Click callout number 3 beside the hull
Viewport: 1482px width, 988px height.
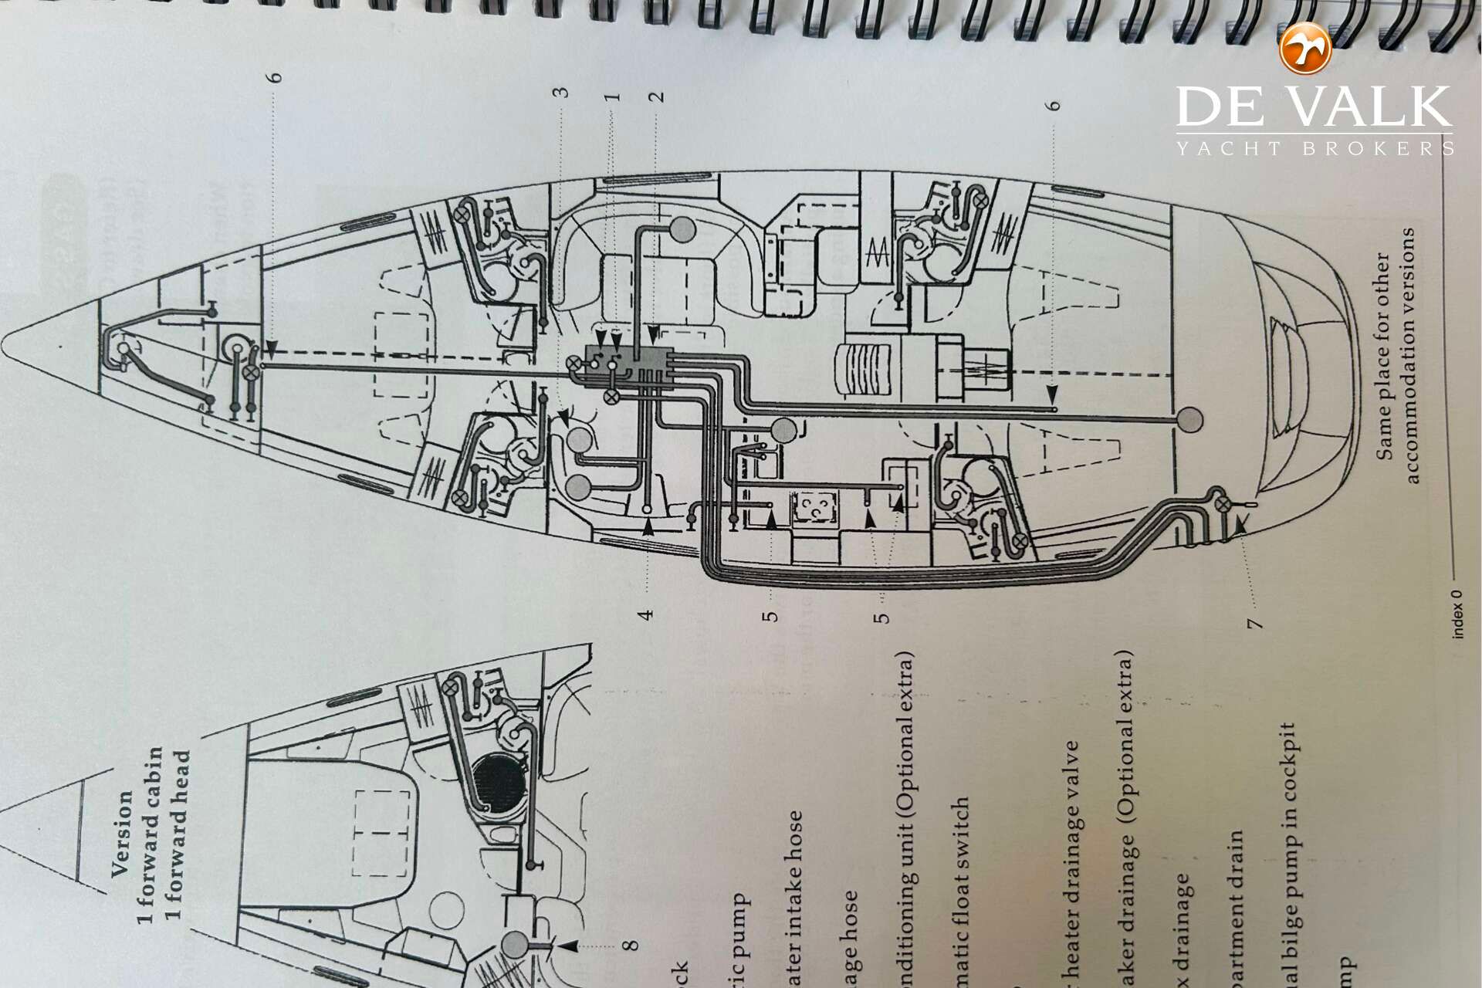(x=564, y=92)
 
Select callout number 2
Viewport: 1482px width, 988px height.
(x=656, y=97)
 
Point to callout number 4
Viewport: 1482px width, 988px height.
(x=647, y=614)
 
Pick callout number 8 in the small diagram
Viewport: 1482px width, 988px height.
(x=631, y=945)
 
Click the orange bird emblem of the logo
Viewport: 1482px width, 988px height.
(x=1305, y=49)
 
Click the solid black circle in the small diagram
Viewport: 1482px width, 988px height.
(x=499, y=784)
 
